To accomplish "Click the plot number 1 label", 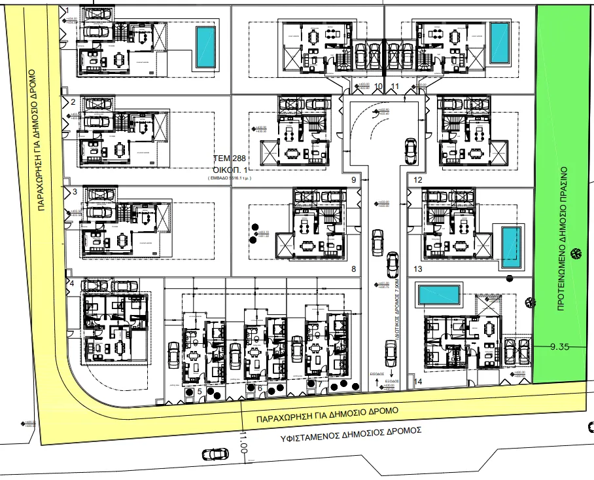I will [69, 10].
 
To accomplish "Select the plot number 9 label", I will [353, 179].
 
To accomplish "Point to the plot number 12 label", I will [419, 179].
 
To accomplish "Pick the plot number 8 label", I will [353, 269].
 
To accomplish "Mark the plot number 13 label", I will [419, 269].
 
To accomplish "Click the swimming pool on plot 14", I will [438, 295].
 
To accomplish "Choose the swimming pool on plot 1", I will [205, 46].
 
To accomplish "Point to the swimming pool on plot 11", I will [500, 43].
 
